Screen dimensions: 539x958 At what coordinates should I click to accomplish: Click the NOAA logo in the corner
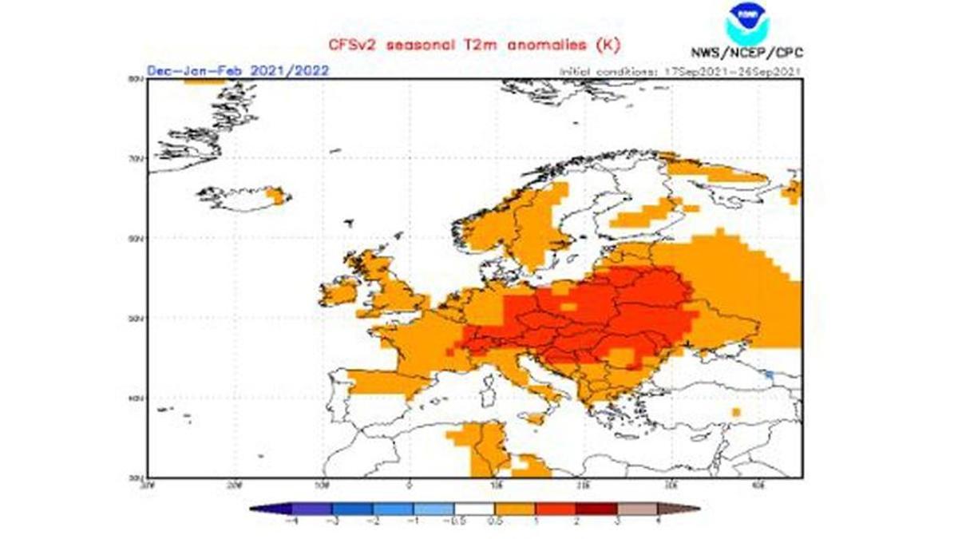click(747, 23)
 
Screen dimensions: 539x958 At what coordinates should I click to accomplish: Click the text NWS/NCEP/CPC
click(746, 54)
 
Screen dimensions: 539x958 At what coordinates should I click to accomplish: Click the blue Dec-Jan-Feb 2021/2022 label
click(238, 70)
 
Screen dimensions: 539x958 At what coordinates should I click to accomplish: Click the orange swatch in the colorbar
click(515, 508)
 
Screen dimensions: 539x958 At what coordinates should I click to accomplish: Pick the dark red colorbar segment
click(597, 508)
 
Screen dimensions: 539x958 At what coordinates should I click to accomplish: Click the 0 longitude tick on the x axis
click(409, 484)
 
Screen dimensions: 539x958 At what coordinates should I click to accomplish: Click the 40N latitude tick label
click(136, 398)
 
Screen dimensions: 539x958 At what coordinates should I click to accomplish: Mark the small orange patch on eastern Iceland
click(277, 196)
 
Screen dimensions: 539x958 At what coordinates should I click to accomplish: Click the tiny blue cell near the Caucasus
click(769, 374)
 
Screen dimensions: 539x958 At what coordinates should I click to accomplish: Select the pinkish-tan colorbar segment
click(638, 508)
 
